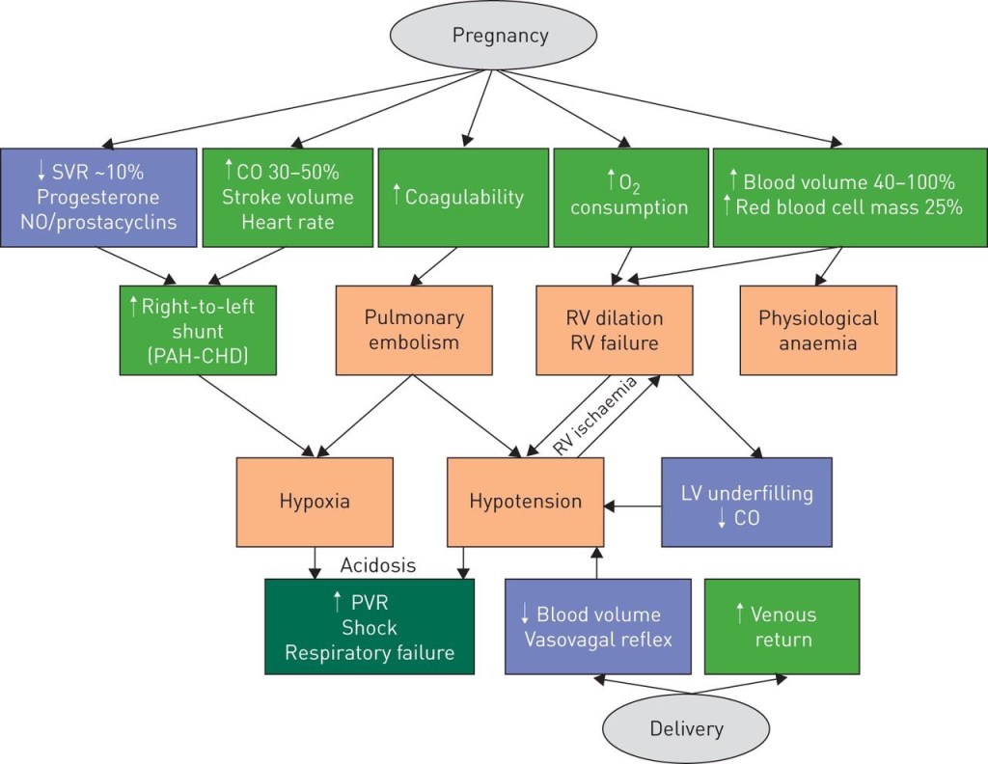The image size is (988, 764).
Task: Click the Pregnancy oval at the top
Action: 500,37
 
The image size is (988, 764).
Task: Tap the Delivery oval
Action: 686,727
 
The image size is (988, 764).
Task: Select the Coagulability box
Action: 457,197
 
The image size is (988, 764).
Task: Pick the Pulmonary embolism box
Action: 414,329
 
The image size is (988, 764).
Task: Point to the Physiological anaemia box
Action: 818,329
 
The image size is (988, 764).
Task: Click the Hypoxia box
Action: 314,501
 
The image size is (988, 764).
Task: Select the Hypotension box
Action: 525,502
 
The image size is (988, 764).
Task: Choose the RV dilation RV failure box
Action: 615,329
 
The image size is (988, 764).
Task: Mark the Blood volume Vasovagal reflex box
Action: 598,626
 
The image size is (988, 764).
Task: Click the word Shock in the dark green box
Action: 369,628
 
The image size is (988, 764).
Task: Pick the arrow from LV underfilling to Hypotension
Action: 633,504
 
